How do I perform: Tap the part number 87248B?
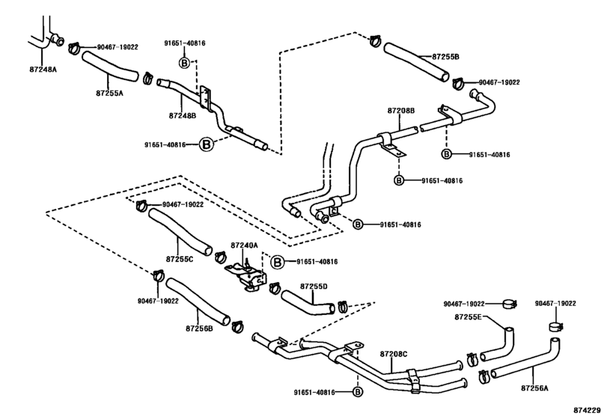(182, 116)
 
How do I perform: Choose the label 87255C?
(178, 259)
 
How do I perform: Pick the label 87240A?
(244, 245)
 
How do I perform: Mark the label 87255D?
(314, 286)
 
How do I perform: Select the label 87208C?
(394, 353)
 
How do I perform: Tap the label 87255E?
(469, 318)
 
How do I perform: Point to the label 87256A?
(534, 388)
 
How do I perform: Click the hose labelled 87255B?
(415, 63)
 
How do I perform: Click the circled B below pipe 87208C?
(357, 392)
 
